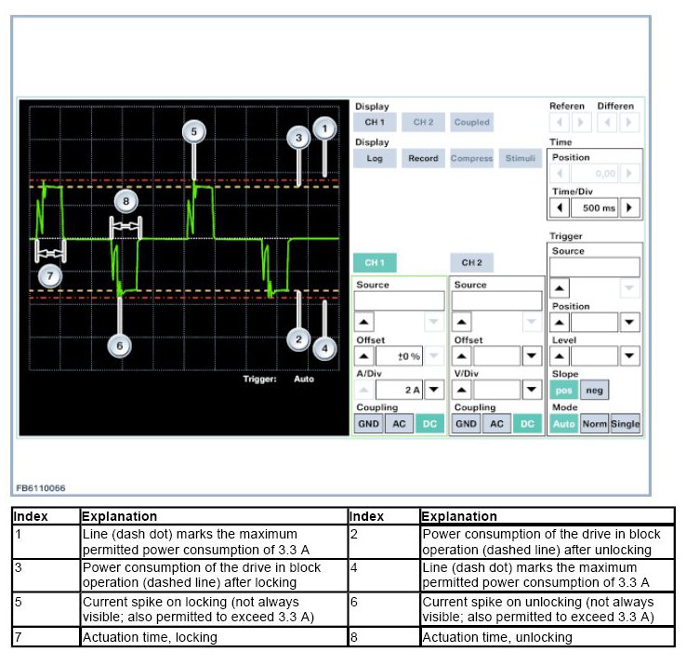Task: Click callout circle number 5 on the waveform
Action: (x=193, y=132)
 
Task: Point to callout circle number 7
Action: (x=50, y=275)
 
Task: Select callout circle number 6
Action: (x=119, y=344)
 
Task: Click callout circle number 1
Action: (x=324, y=128)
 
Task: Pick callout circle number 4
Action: (x=324, y=349)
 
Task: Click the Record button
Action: (x=423, y=158)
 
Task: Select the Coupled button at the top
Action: (x=471, y=122)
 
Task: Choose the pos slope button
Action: (x=563, y=392)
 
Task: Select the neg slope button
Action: (x=593, y=392)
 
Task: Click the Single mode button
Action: (x=626, y=424)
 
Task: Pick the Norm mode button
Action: (x=594, y=424)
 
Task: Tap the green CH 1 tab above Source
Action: (x=375, y=262)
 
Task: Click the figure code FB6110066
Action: (x=41, y=488)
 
